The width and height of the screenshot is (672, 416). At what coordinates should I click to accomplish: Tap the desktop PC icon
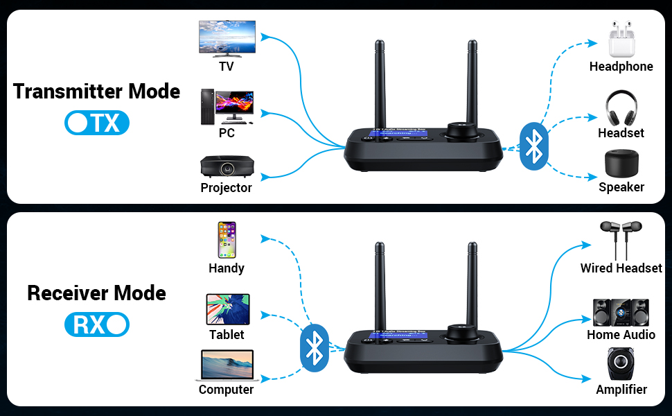[227, 107]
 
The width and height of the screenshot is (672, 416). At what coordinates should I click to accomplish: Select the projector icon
[226, 166]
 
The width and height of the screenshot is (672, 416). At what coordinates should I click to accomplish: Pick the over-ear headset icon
[621, 107]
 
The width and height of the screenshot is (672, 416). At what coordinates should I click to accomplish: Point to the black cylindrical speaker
[621, 163]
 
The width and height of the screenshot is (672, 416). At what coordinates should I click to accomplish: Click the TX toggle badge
[97, 123]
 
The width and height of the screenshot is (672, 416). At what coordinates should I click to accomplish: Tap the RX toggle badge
[97, 324]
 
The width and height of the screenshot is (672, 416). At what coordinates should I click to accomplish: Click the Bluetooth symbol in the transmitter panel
[533, 145]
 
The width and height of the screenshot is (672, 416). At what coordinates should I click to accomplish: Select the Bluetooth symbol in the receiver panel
[315, 346]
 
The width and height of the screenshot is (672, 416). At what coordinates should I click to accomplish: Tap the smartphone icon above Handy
[227, 240]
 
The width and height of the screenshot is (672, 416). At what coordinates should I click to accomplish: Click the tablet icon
[227, 309]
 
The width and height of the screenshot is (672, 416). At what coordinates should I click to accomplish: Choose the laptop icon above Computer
[226, 365]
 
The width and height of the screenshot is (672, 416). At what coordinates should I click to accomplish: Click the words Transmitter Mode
[96, 92]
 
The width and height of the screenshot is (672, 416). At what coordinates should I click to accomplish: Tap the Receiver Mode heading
[96, 293]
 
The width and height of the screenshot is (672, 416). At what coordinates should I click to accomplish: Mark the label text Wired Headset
[621, 268]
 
